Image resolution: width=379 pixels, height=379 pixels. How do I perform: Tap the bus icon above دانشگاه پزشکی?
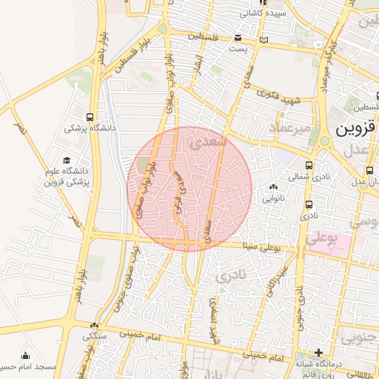(x=90, y=117)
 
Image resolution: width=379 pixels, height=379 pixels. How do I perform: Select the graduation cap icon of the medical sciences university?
(x=67, y=160)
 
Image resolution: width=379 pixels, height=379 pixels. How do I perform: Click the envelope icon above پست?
(x=238, y=38)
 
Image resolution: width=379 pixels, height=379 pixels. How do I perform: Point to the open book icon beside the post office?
(x=264, y=40)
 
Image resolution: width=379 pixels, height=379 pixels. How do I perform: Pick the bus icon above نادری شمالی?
(x=309, y=166)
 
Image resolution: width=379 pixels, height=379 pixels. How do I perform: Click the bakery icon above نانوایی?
(x=275, y=187)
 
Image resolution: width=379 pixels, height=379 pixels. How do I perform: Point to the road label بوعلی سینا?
(x=263, y=245)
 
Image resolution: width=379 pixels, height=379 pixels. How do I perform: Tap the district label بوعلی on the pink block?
(x=321, y=238)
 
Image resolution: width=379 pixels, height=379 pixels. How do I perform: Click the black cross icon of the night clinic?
(x=318, y=352)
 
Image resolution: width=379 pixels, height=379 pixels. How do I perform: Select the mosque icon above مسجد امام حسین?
(x=26, y=355)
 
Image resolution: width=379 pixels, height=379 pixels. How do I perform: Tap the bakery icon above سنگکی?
(x=94, y=326)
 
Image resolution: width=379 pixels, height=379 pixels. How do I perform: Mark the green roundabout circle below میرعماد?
(x=324, y=141)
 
